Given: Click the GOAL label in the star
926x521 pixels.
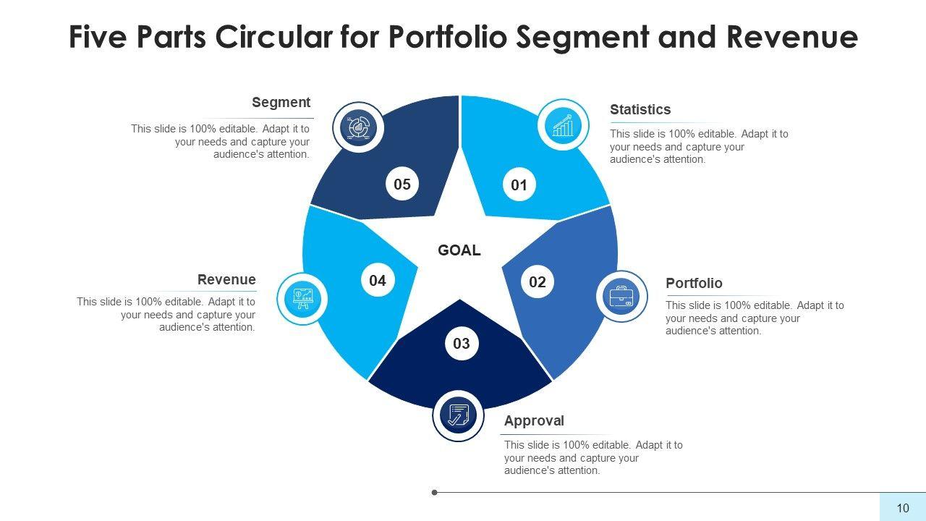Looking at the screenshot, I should pyautogui.click(x=459, y=250).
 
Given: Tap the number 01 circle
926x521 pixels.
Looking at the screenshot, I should pyautogui.click(x=519, y=185).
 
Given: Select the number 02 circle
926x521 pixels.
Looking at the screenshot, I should pyautogui.click(x=538, y=281).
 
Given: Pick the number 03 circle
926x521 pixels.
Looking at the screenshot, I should pyautogui.click(x=462, y=344).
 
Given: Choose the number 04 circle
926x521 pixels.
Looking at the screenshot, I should pyautogui.click(x=378, y=281).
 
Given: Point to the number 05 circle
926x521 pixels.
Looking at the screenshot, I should pyautogui.click(x=402, y=185).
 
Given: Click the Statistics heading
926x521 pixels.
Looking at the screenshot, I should pyautogui.click(x=640, y=110).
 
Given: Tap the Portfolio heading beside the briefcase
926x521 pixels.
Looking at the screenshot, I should pyautogui.click(x=694, y=284).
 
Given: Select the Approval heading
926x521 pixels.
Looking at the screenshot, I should pyautogui.click(x=534, y=421).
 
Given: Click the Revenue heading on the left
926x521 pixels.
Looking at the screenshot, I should pyautogui.click(x=226, y=280).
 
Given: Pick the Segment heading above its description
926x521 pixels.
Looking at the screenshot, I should pyautogui.click(x=281, y=103).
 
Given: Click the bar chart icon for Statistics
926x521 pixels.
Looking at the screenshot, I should pyautogui.click(x=563, y=126).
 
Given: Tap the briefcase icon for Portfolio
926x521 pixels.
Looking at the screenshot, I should pyautogui.click(x=622, y=297).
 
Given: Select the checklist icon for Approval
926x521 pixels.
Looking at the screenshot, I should pyautogui.click(x=457, y=415).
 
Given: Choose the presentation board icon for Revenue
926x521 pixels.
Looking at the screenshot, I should pyautogui.click(x=302, y=297).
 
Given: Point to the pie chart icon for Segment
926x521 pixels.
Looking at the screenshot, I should pyautogui.click(x=358, y=128).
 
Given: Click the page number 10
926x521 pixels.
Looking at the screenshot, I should pyautogui.click(x=903, y=508).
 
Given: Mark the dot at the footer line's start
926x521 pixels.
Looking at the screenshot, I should pyautogui.click(x=435, y=493).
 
